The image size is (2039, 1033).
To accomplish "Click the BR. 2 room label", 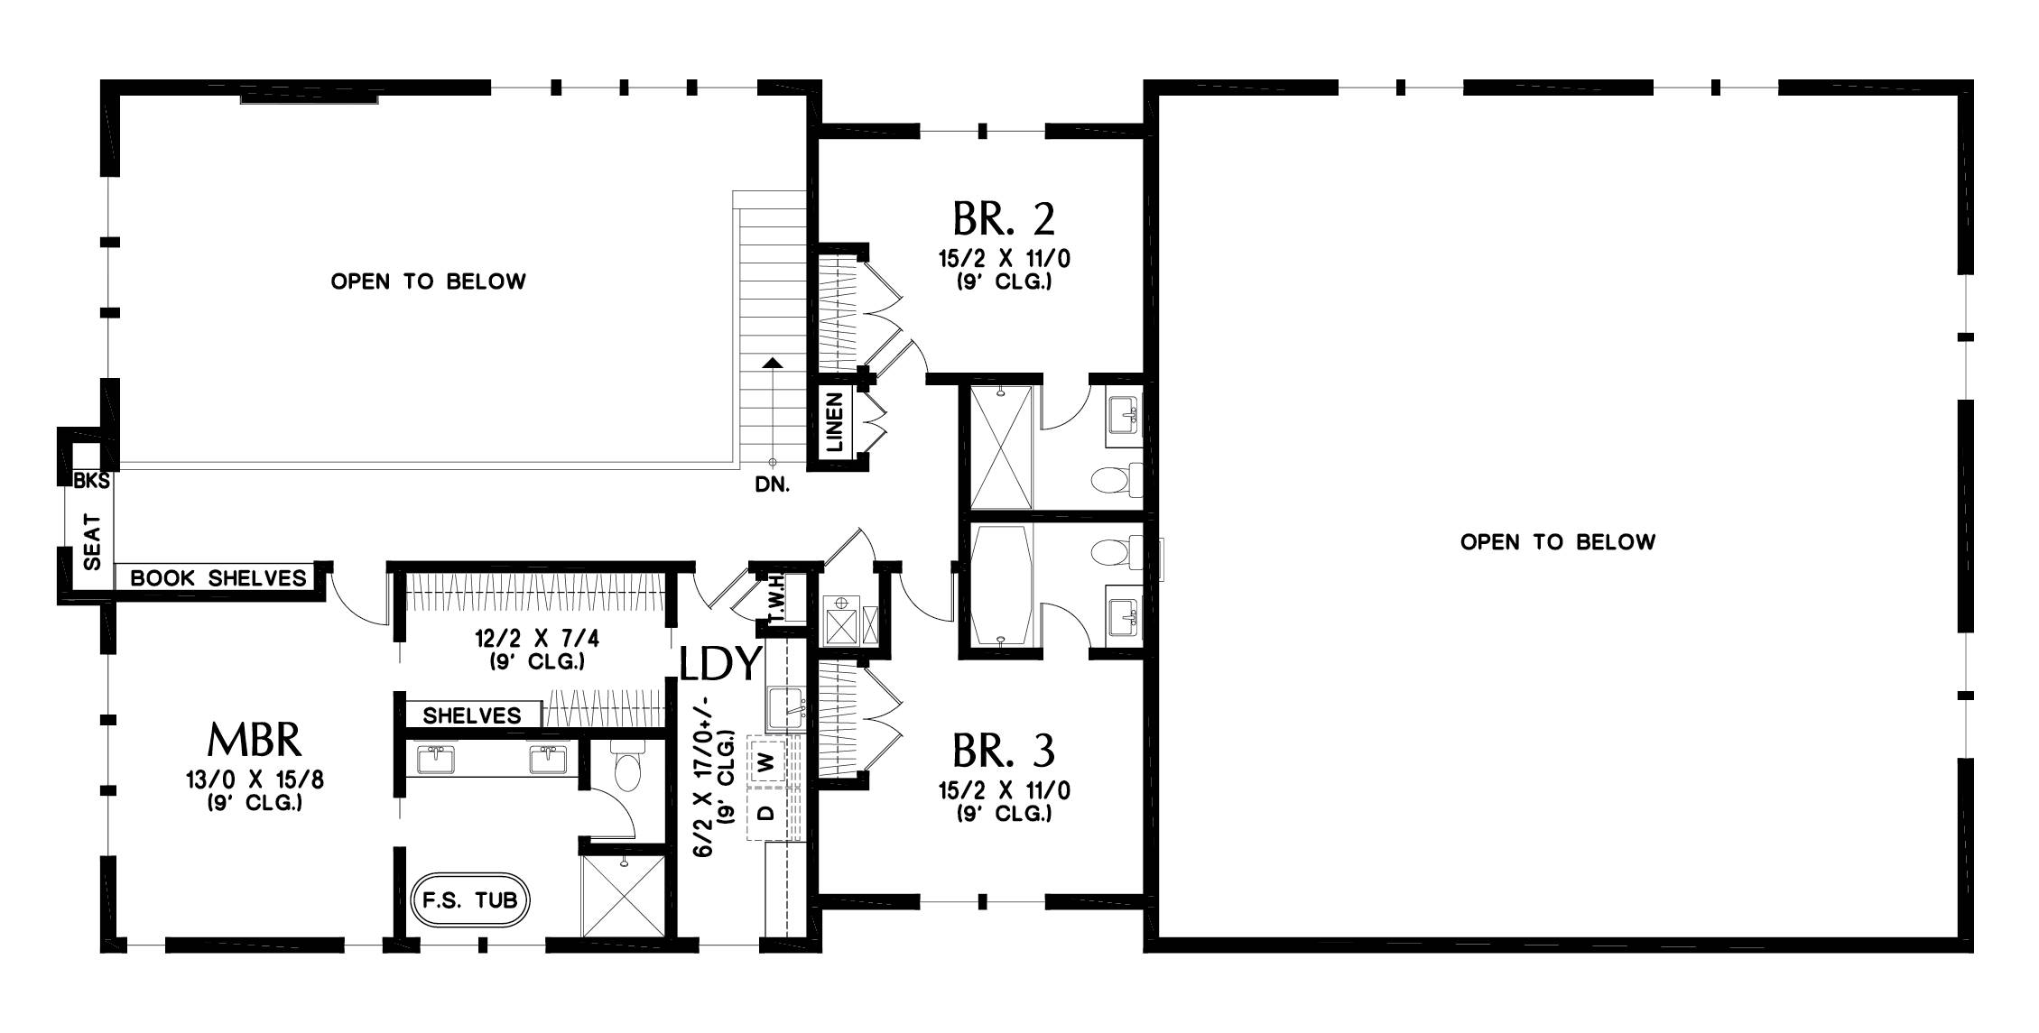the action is pos(1004,218).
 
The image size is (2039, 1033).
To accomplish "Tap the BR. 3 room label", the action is pos(1004,751).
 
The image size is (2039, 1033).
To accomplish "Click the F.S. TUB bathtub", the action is pos(469,899).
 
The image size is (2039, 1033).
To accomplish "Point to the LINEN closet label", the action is pos(835,421).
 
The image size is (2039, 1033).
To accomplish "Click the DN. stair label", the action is pos(772,485).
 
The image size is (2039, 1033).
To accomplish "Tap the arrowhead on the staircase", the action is pos(772,363).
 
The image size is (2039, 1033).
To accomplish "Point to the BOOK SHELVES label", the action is pos(218,578).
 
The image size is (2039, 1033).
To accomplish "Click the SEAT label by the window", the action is pos(93,541).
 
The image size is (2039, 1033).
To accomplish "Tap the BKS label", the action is pos(91,481).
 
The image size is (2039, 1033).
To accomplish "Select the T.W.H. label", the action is pos(775,600).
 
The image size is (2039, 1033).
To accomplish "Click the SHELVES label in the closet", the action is pos(472,715).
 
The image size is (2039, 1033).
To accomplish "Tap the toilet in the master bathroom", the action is pos(626,767).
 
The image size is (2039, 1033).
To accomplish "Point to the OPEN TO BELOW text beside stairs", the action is pos(428,281).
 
